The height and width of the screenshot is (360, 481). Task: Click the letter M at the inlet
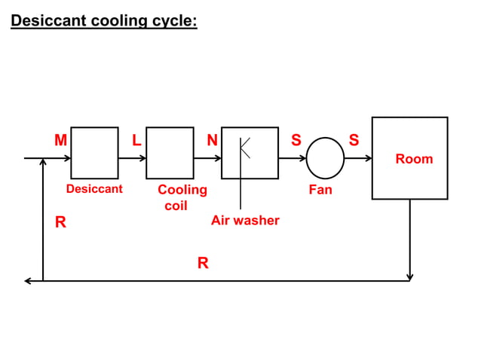click(x=60, y=140)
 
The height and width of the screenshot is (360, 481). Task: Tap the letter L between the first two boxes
click(x=136, y=140)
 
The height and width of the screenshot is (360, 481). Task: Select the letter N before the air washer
click(x=213, y=140)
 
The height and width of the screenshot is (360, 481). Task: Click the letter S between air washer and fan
click(x=296, y=140)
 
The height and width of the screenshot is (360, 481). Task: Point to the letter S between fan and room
click(x=354, y=140)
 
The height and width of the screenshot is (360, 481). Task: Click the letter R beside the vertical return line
click(x=60, y=222)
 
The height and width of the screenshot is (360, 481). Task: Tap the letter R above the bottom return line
click(x=203, y=263)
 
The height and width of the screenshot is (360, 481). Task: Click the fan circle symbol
click(x=325, y=158)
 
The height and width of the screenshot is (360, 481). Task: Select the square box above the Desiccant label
click(x=94, y=153)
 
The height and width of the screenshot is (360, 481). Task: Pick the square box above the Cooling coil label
click(x=170, y=153)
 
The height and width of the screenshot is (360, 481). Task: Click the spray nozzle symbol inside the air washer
click(x=244, y=148)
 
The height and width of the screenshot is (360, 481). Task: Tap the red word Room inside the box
click(x=414, y=159)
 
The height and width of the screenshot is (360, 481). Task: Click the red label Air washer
click(x=245, y=221)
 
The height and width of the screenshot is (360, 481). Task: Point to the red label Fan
click(x=320, y=190)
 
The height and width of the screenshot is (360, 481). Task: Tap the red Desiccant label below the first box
click(x=94, y=189)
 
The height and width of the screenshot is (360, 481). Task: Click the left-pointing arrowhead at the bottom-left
click(x=28, y=281)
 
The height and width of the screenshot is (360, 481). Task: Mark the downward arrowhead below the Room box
click(x=409, y=276)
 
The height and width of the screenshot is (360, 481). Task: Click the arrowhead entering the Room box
click(x=369, y=159)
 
